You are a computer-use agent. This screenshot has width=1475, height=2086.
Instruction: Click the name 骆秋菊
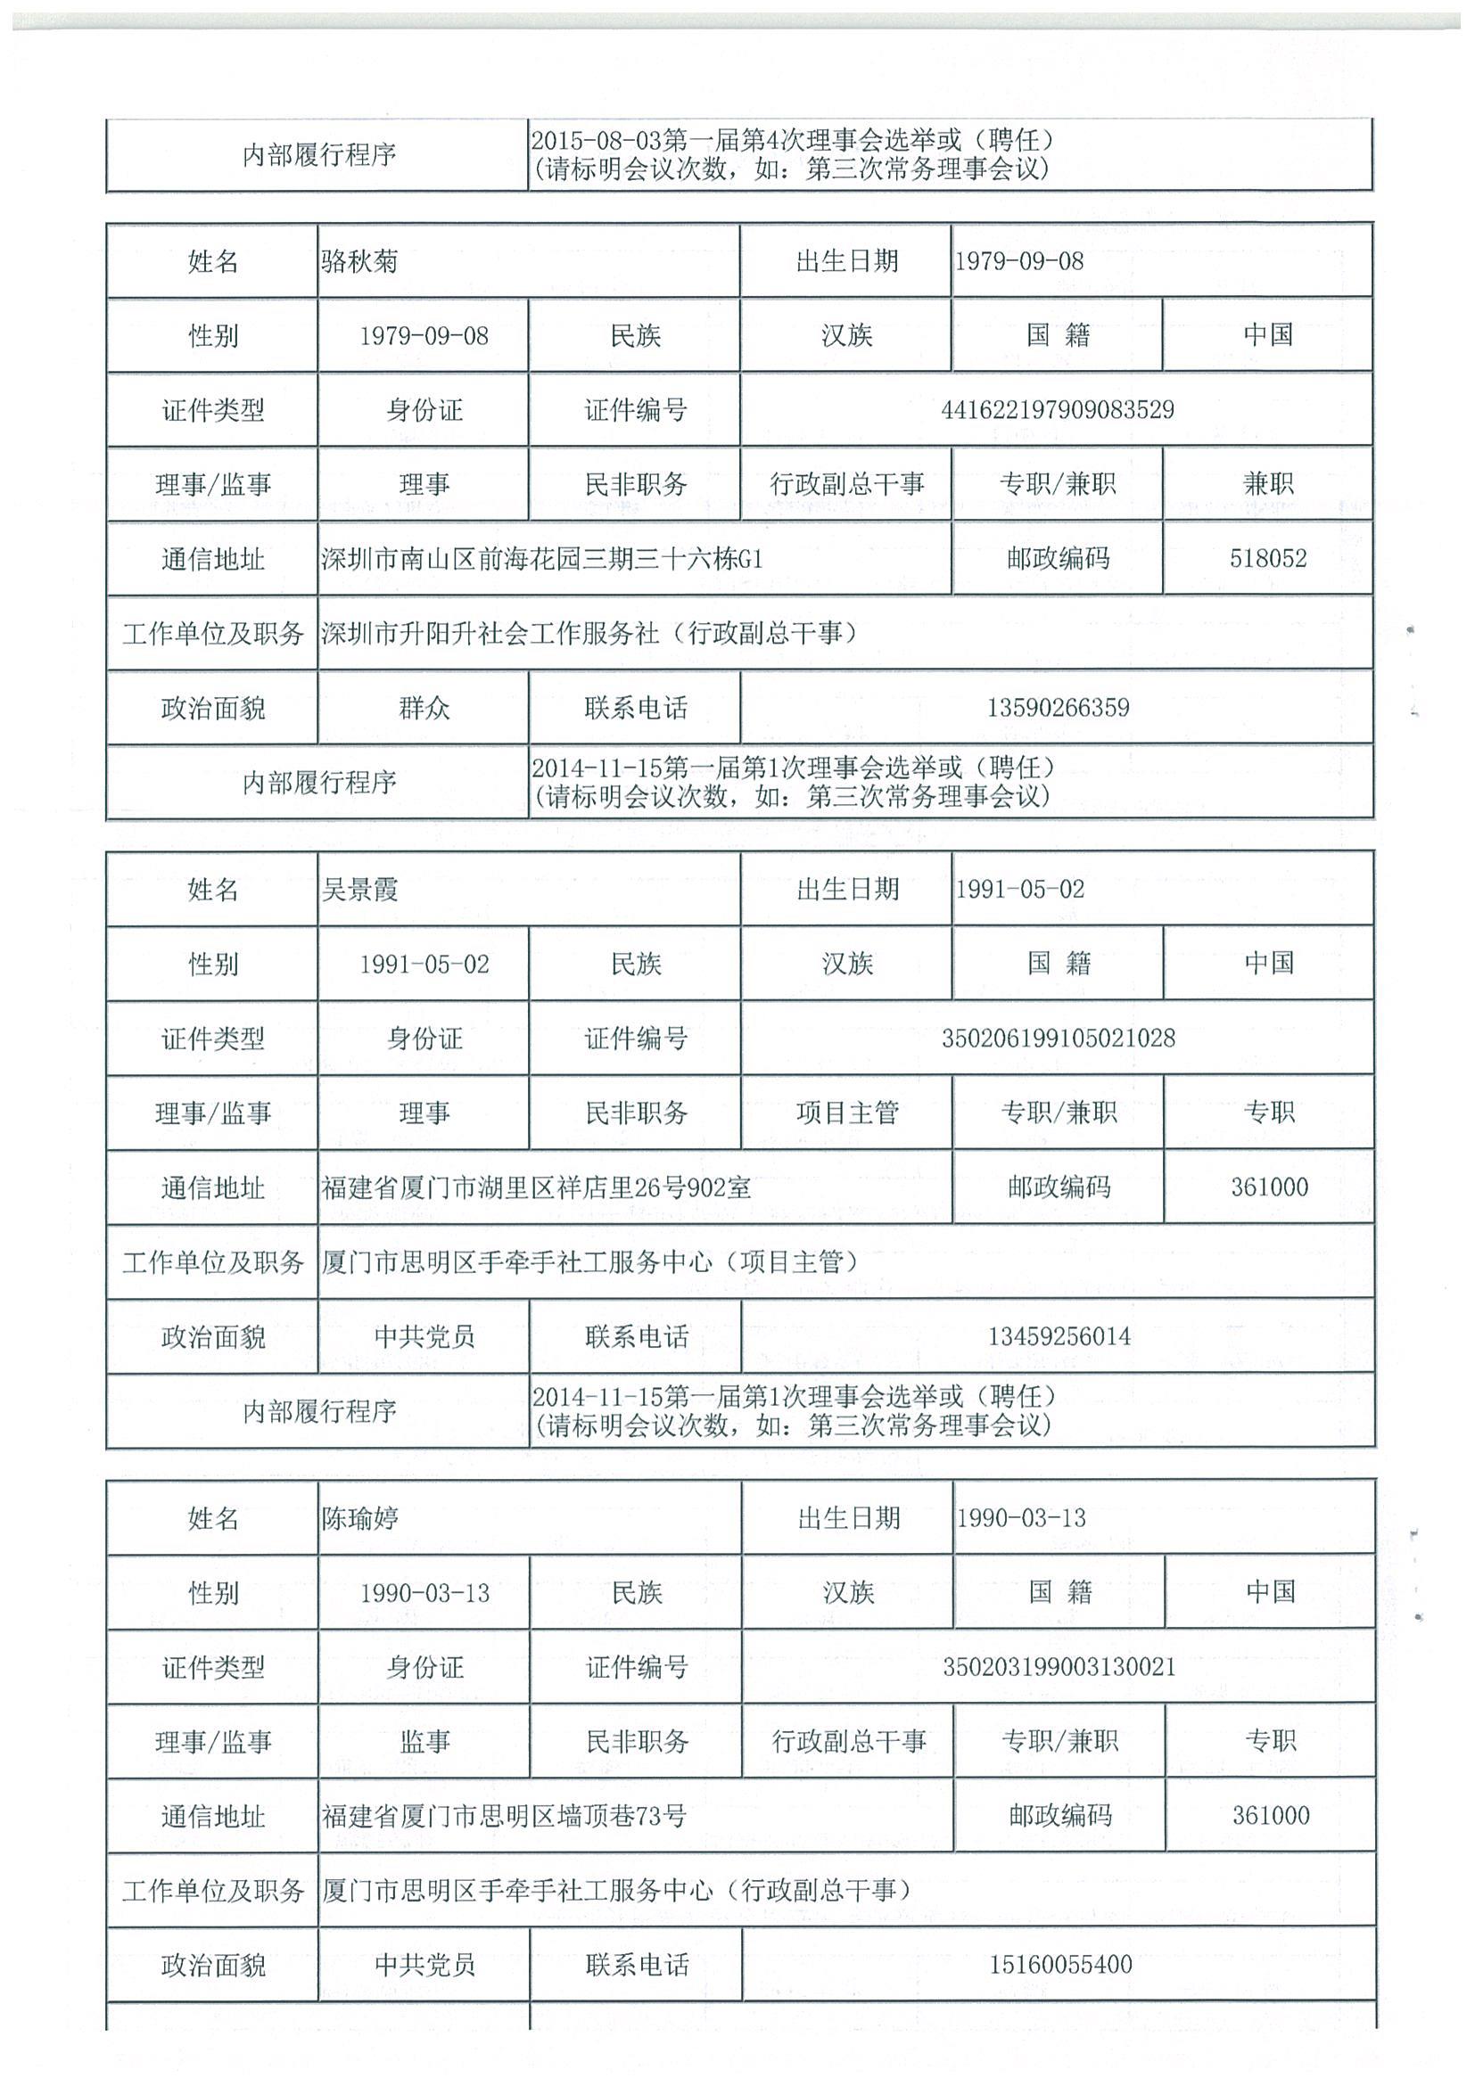(360, 263)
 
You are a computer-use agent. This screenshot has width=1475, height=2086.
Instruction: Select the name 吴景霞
(360, 891)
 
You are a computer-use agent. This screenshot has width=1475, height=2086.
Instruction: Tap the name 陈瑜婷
(360, 1518)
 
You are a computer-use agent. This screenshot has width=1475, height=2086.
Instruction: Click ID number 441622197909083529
(1057, 411)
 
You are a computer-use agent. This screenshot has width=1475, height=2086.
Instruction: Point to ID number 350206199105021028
(1058, 1039)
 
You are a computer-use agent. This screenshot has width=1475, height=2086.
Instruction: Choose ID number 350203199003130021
(1059, 1667)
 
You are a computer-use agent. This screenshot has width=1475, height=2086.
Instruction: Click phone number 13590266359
(1058, 708)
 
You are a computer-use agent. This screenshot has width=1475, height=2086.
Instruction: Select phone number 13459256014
(1059, 1336)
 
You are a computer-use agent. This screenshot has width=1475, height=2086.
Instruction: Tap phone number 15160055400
(1060, 1964)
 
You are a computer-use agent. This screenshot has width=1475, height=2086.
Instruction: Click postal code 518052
(1268, 559)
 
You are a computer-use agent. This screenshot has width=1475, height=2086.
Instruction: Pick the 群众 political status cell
(424, 708)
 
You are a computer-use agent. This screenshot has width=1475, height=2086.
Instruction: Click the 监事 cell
(424, 1742)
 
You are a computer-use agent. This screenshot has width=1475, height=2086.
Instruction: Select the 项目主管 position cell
(847, 1113)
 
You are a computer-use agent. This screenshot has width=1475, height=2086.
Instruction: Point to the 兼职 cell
(1268, 484)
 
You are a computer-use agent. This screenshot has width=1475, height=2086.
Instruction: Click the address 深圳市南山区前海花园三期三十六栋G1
(541, 559)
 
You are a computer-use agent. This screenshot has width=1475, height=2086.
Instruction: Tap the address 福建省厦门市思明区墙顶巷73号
(504, 1816)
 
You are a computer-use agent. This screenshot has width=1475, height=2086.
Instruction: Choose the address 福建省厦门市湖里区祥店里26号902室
(536, 1187)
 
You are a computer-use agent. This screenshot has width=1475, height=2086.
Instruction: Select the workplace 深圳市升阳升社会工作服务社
(490, 633)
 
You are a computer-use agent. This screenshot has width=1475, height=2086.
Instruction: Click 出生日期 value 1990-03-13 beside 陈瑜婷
(1020, 1518)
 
